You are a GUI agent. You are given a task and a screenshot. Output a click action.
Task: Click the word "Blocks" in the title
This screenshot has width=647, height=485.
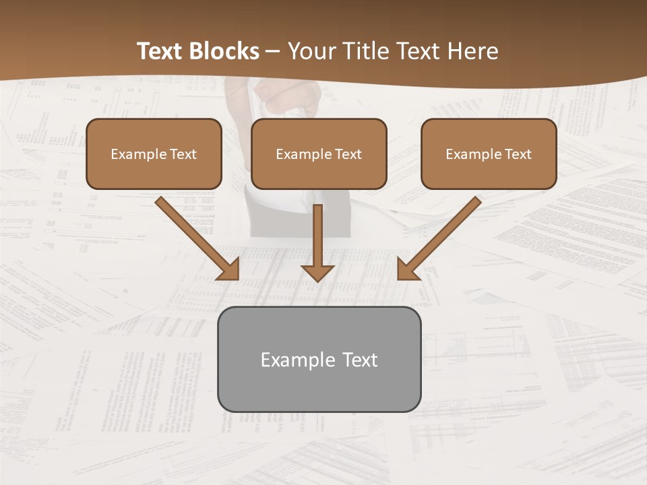tap(224, 51)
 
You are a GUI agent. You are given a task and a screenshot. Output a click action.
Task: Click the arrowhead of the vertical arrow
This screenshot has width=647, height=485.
tap(317, 272)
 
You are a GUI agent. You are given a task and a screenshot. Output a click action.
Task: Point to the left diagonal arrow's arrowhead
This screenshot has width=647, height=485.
tap(229, 269)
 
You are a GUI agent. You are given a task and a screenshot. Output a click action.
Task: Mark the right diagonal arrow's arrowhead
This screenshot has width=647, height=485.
tap(407, 269)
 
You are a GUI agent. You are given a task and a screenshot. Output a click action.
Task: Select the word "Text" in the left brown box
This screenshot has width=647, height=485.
tap(183, 154)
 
